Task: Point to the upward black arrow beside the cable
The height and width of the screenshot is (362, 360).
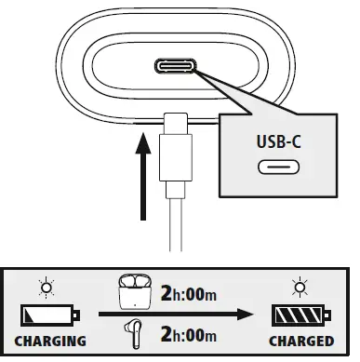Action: pos(141,172)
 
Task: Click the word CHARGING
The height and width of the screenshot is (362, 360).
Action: pos(51,342)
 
